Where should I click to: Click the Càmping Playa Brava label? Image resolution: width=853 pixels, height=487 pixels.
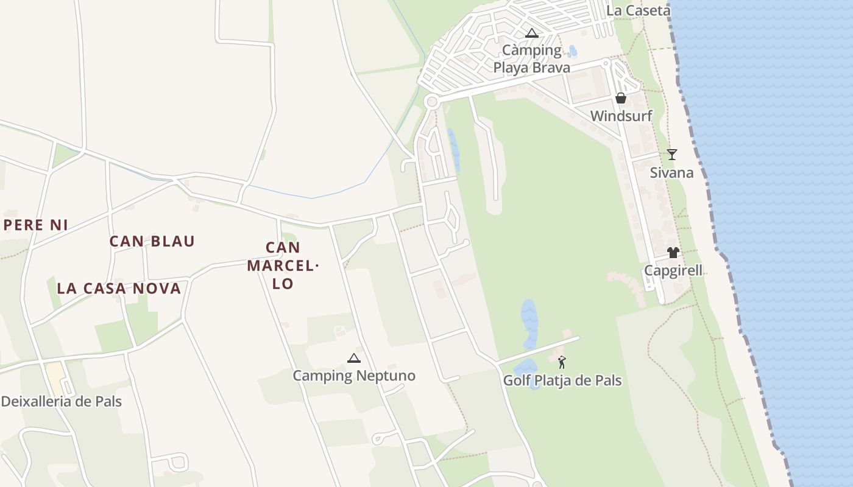[x=532, y=58]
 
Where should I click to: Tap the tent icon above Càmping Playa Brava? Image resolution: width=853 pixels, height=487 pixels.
[x=532, y=33]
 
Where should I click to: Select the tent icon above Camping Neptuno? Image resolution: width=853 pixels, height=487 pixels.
[x=353, y=358]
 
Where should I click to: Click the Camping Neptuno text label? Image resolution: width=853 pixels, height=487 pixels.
[x=354, y=376]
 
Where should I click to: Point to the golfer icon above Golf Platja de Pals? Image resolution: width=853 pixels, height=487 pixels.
[x=562, y=362]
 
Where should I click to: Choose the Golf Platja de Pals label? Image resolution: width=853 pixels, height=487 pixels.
[x=562, y=380]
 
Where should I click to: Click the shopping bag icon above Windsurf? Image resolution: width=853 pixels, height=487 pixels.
[x=621, y=98]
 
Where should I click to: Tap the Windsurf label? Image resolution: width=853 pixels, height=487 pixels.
[x=621, y=116]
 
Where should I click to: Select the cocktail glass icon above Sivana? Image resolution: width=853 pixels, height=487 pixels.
[x=671, y=155]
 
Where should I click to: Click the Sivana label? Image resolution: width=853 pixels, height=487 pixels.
[x=671, y=172]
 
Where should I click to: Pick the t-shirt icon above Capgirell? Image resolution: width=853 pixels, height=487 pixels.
[x=673, y=253]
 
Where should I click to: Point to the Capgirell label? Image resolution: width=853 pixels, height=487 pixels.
[x=673, y=270]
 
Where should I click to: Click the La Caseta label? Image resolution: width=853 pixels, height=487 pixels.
[x=639, y=10]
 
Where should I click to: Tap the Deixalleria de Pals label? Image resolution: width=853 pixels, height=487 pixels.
[x=62, y=401]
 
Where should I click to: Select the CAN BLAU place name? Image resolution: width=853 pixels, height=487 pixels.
[x=152, y=241]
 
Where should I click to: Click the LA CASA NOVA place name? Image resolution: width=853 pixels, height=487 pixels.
[x=119, y=288]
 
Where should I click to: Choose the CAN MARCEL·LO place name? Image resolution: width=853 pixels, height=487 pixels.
[x=283, y=265]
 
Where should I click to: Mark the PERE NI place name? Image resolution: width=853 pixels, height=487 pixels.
[x=35, y=225]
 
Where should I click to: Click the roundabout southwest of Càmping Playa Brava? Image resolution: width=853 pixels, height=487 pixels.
[x=432, y=102]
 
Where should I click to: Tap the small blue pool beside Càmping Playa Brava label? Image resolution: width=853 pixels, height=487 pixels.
[x=572, y=52]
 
